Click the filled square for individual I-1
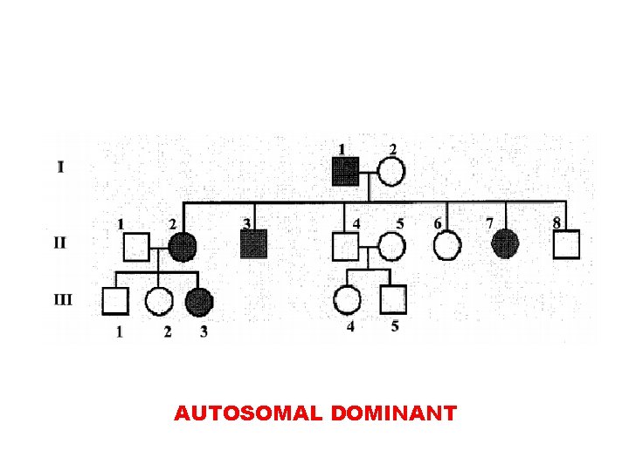click(346, 172)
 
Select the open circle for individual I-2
click(391, 172)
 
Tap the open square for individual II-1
click(135, 247)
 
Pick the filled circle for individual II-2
click(182, 247)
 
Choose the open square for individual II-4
click(346, 247)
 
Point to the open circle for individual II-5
click(391, 247)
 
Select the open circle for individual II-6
click(447, 246)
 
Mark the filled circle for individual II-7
click(505, 245)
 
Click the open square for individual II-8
click(566, 245)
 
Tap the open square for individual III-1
click(114, 301)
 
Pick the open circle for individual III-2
click(158, 301)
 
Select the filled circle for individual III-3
click(199, 301)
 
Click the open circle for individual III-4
click(347, 300)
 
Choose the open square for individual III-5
click(393, 300)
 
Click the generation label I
click(60, 167)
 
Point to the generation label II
click(59, 242)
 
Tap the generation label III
click(63, 299)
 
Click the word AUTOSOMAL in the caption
click(250, 413)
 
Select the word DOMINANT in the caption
click(394, 413)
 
